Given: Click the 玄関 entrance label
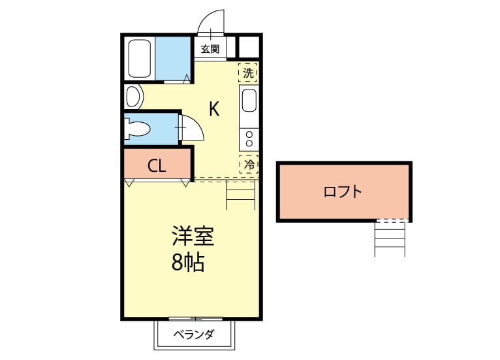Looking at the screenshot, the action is (210, 49).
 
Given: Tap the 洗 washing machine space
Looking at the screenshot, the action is (248, 73).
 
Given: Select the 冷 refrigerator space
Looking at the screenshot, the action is (249, 165).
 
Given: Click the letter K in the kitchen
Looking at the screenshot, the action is (214, 109).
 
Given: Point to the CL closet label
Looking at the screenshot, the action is (157, 166).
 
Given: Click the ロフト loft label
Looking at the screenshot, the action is (343, 191).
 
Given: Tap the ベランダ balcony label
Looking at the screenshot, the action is (194, 334).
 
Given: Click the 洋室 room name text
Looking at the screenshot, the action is (193, 236).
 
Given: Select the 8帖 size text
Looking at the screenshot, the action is (188, 263).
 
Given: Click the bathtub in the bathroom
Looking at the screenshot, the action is (139, 58).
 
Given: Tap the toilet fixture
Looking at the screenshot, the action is (138, 129).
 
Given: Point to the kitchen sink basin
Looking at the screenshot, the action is (249, 100).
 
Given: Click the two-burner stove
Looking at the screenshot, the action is (249, 139).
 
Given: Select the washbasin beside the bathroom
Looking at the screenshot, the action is (133, 97).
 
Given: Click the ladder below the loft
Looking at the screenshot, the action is (390, 238).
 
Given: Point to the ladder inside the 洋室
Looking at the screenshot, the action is (241, 195).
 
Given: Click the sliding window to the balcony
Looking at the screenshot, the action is (195, 319).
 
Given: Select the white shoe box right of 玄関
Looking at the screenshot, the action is (249, 47).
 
